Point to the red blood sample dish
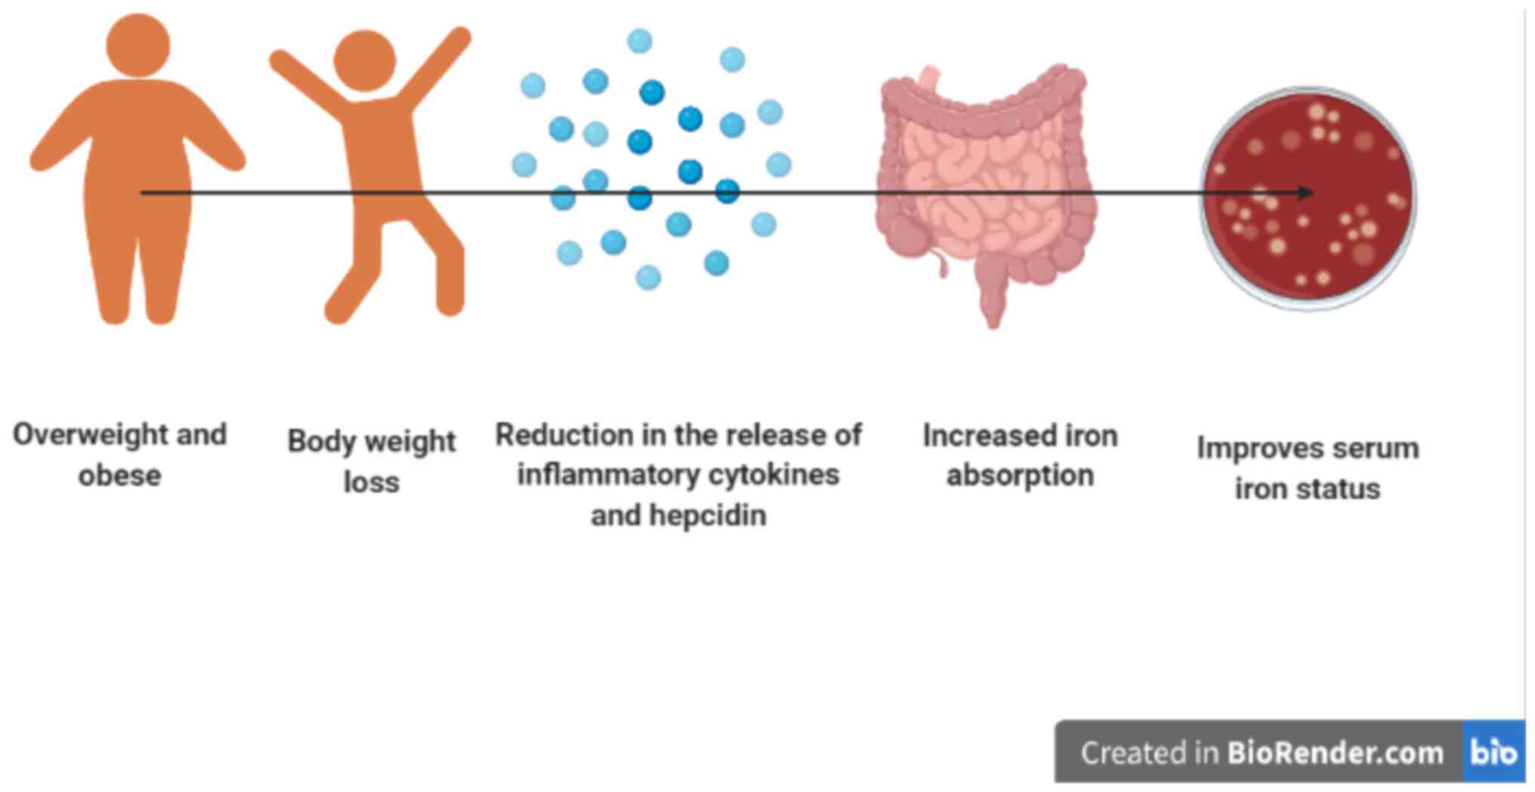pos(1308,198)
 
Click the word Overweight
pos(89,435)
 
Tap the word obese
pos(119,476)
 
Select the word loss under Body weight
pos(371,482)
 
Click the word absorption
pos(1019,475)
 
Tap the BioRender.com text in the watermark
pos(1334,753)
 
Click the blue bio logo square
pos(1493,752)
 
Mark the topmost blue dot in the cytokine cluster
pos(639,41)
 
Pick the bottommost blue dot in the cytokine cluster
pos(648,277)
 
